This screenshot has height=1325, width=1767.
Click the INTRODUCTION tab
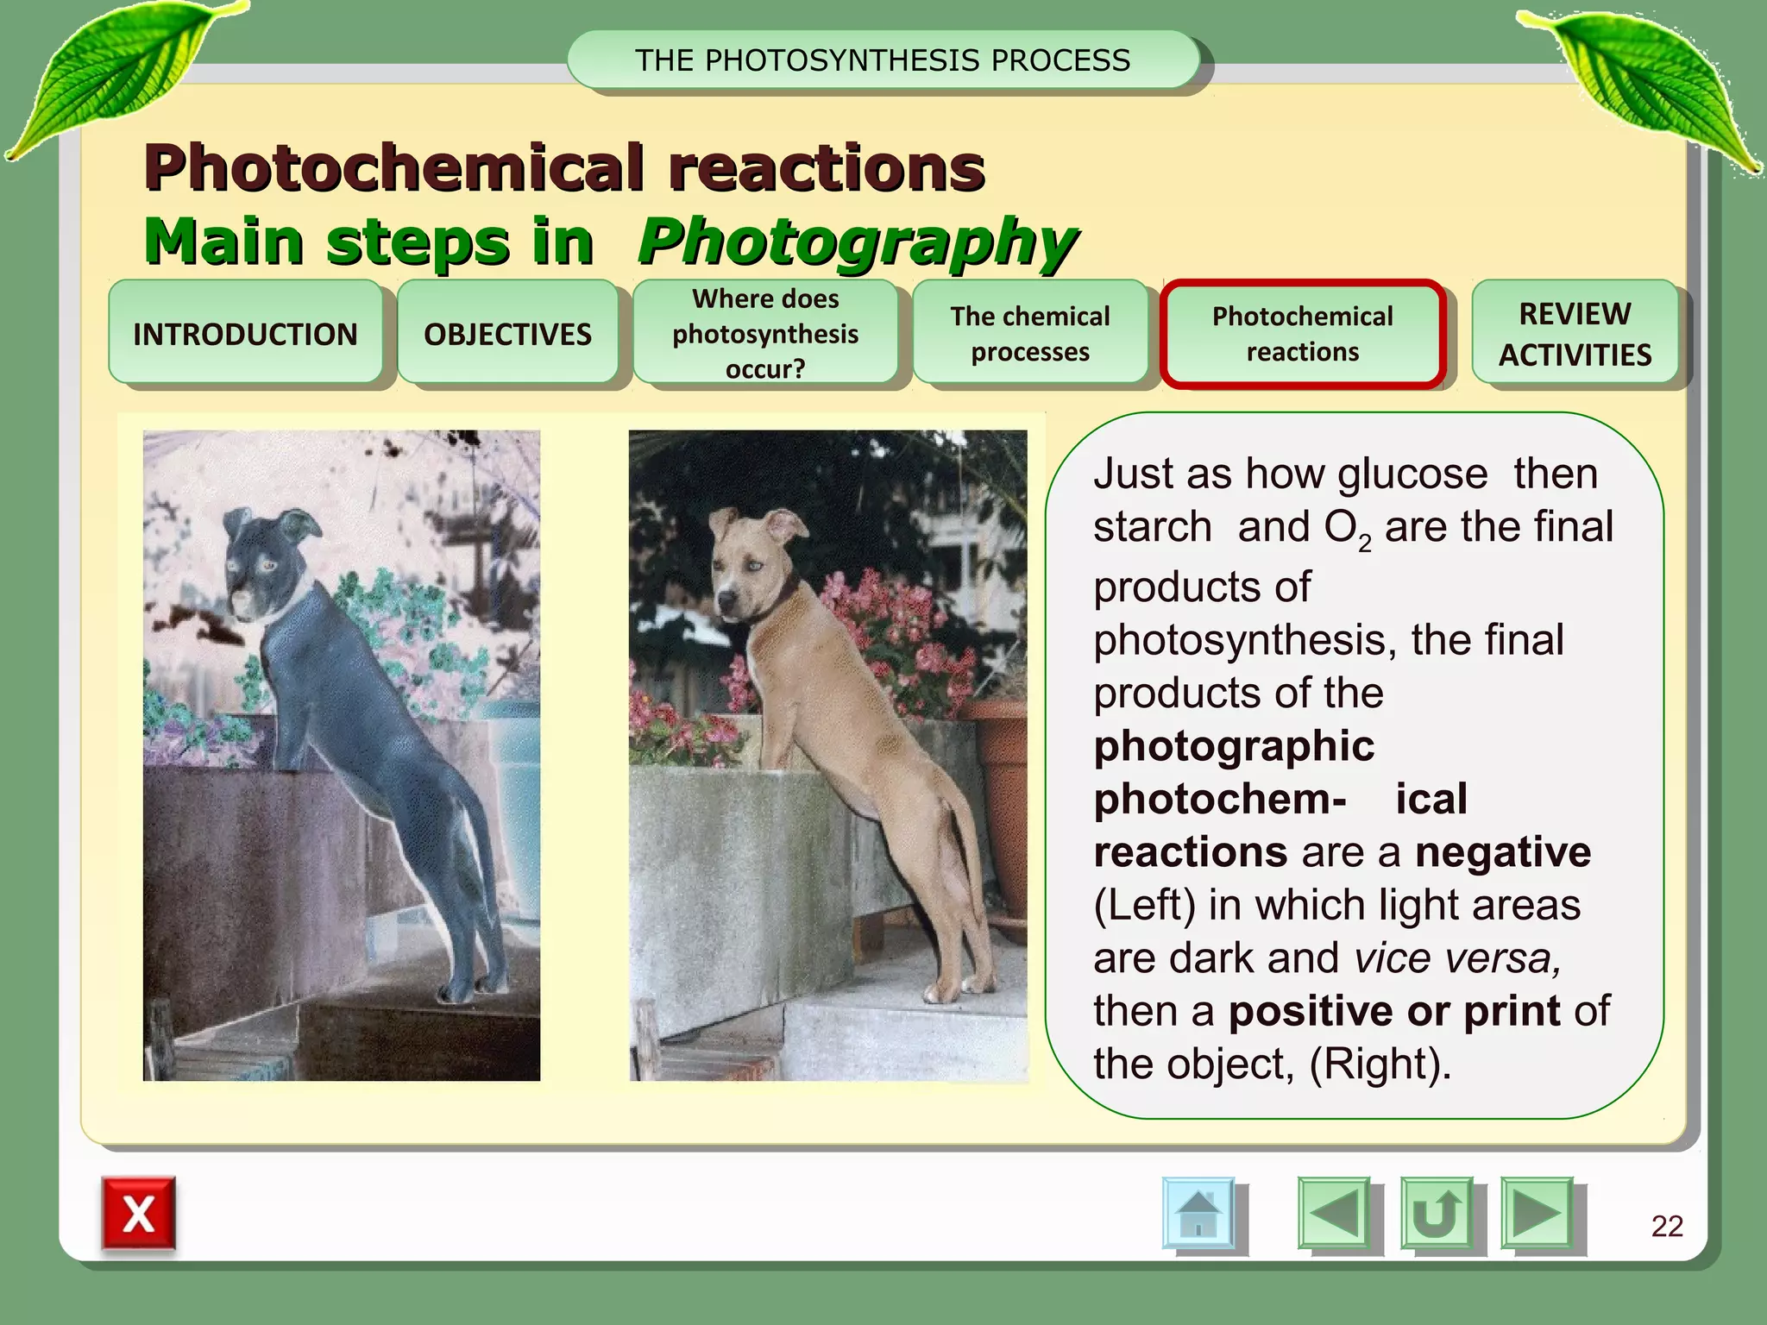point(245,333)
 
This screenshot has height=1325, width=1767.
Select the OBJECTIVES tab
point(507,333)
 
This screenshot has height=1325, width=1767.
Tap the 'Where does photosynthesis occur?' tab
point(765,333)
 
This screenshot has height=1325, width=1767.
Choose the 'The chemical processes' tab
point(1030,333)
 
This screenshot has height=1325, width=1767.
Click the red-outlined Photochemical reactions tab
point(1302,334)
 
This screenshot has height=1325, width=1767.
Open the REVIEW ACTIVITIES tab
point(1575,333)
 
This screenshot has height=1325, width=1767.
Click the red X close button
point(138,1214)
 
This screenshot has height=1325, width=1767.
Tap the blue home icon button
point(1198,1213)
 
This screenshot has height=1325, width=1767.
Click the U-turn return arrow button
point(1436,1213)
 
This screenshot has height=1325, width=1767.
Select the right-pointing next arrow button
point(1536,1213)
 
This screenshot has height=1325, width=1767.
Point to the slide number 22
point(1667,1226)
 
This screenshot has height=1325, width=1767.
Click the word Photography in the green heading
point(857,242)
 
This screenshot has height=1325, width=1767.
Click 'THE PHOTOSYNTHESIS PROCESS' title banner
point(883,60)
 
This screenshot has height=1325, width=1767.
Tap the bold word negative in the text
point(1503,852)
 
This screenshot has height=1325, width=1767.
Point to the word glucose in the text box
point(1412,474)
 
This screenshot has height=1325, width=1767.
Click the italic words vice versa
point(1457,958)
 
